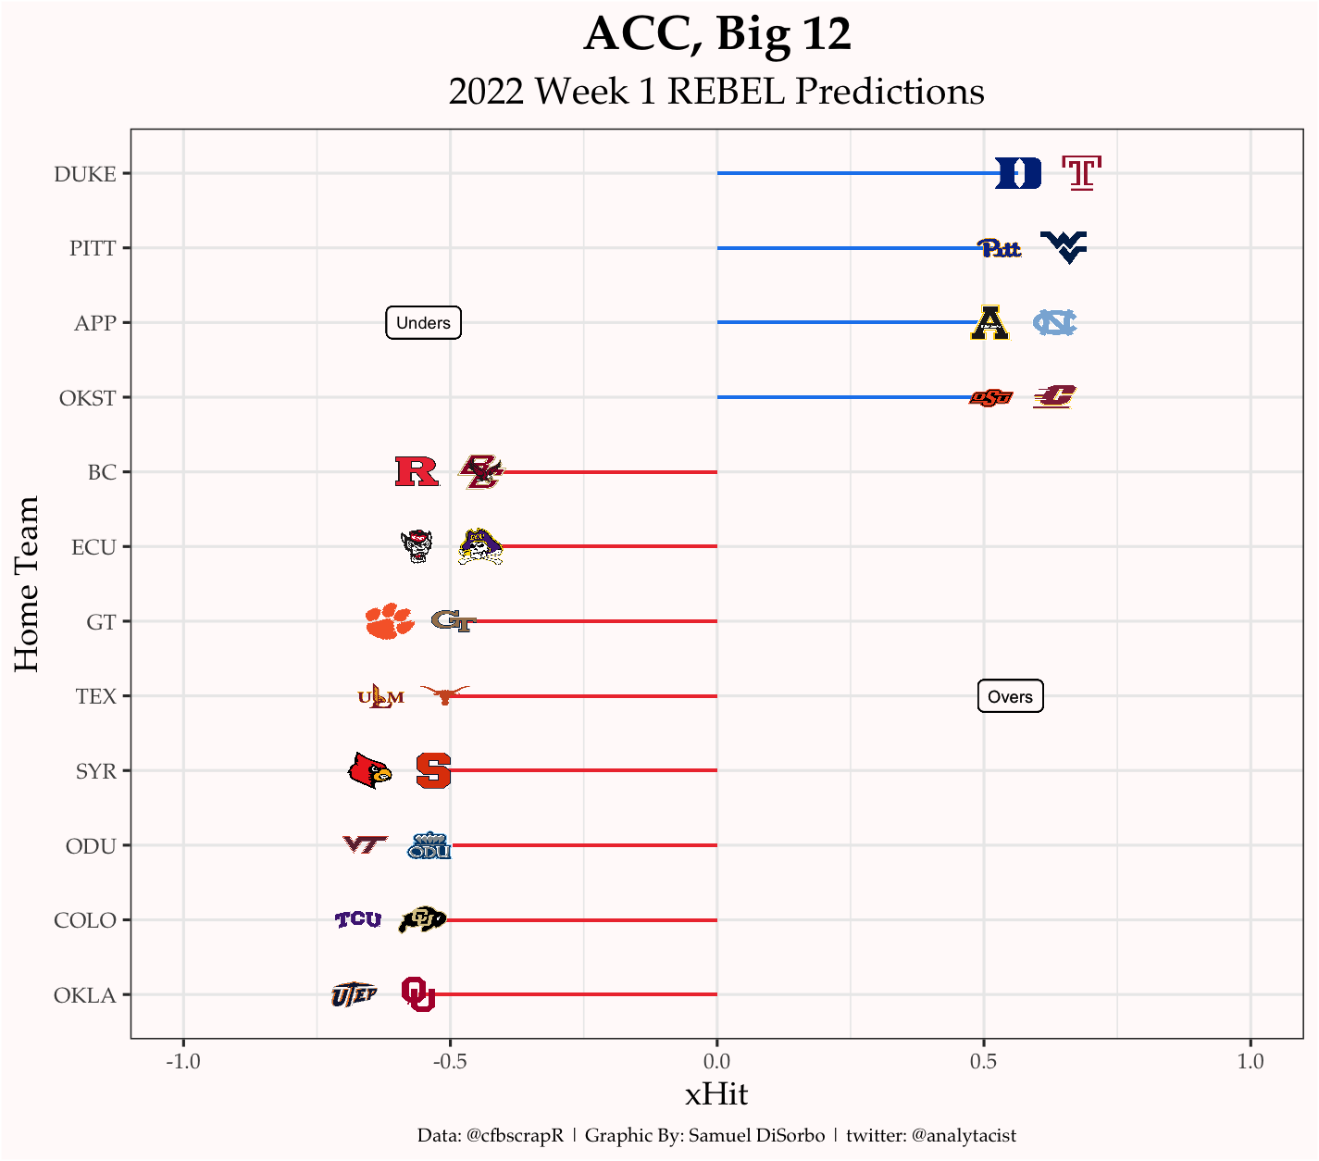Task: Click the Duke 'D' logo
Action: (x=1018, y=173)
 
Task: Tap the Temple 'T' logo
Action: (x=1081, y=173)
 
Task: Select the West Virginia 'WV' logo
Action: (x=1064, y=247)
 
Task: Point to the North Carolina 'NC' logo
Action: (x=1055, y=322)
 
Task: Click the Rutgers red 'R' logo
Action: (x=417, y=472)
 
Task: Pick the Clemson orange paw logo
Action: (x=390, y=621)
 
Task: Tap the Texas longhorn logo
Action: (x=445, y=694)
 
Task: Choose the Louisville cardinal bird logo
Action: (x=369, y=770)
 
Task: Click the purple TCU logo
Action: (x=358, y=919)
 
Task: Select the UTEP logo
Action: (x=354, y=994)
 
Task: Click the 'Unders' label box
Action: (x=423, y=323)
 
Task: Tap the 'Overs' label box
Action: (x=1010, y=696)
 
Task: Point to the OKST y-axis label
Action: (x=88, y=398)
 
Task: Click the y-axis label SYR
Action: (x=96, y=771)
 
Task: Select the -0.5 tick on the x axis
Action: (x=450, y=1061)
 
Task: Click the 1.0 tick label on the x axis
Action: (x=1251, y=1061)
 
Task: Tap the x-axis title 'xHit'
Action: (x=716, y=1094)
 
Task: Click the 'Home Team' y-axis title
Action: (x=27, y=584)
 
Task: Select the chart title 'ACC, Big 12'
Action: (x=717, y=35)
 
